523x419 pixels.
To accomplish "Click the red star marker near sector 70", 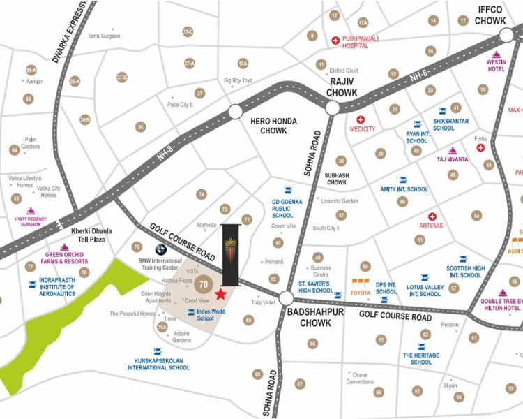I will point(220,294).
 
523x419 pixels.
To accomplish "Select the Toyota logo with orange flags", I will point(361,284).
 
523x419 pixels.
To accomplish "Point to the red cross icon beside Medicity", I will point(361,119).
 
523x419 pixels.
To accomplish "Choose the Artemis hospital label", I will point(431,226).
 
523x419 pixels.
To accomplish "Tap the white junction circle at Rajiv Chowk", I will point(333,107).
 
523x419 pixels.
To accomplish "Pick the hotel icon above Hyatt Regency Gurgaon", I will point(30,212).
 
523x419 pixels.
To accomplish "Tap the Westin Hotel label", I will point(496,66).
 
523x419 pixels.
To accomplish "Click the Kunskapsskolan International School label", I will point(158,364).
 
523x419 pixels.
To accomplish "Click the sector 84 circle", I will point(14,150).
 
